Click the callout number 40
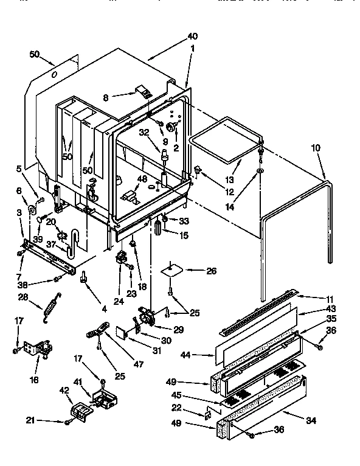[193, 35]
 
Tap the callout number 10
[315, 147]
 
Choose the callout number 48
[142, 179]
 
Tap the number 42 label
[63, 391]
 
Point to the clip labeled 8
[144, 92]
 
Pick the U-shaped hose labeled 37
[73, 239]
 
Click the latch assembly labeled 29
[146, 318]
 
